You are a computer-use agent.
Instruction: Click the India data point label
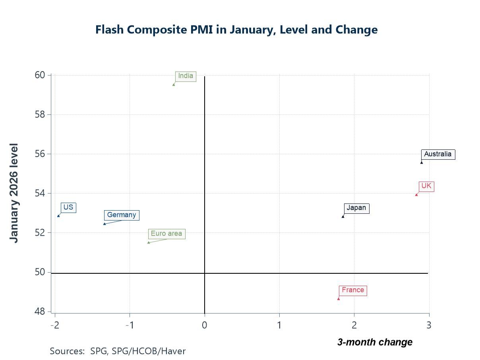coord(186,76)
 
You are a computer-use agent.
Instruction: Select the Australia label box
coord(437,154)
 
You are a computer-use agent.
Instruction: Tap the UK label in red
coord(426,186)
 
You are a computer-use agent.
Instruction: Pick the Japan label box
coord(356,208)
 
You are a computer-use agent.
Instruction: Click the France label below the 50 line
coord(352,290)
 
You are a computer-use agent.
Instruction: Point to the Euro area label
coord(166,234)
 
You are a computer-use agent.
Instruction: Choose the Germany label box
coord(121,215)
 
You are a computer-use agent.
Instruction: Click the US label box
coord(68,207)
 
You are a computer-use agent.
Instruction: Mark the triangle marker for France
coord(339,298)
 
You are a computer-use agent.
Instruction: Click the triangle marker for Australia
coord(422,162)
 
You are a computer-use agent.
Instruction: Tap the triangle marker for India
coord(174,84)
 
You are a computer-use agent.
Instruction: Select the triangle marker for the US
coord(58,216)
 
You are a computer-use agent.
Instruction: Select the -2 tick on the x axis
coord(55,325)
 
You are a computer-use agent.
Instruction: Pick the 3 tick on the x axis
coord(429,325)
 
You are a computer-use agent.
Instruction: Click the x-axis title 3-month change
coord(374,342)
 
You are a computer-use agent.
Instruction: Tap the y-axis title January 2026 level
coord(14,193)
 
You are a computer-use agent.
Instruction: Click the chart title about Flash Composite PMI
coord(236,30)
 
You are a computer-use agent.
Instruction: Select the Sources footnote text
coord(118,351)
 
